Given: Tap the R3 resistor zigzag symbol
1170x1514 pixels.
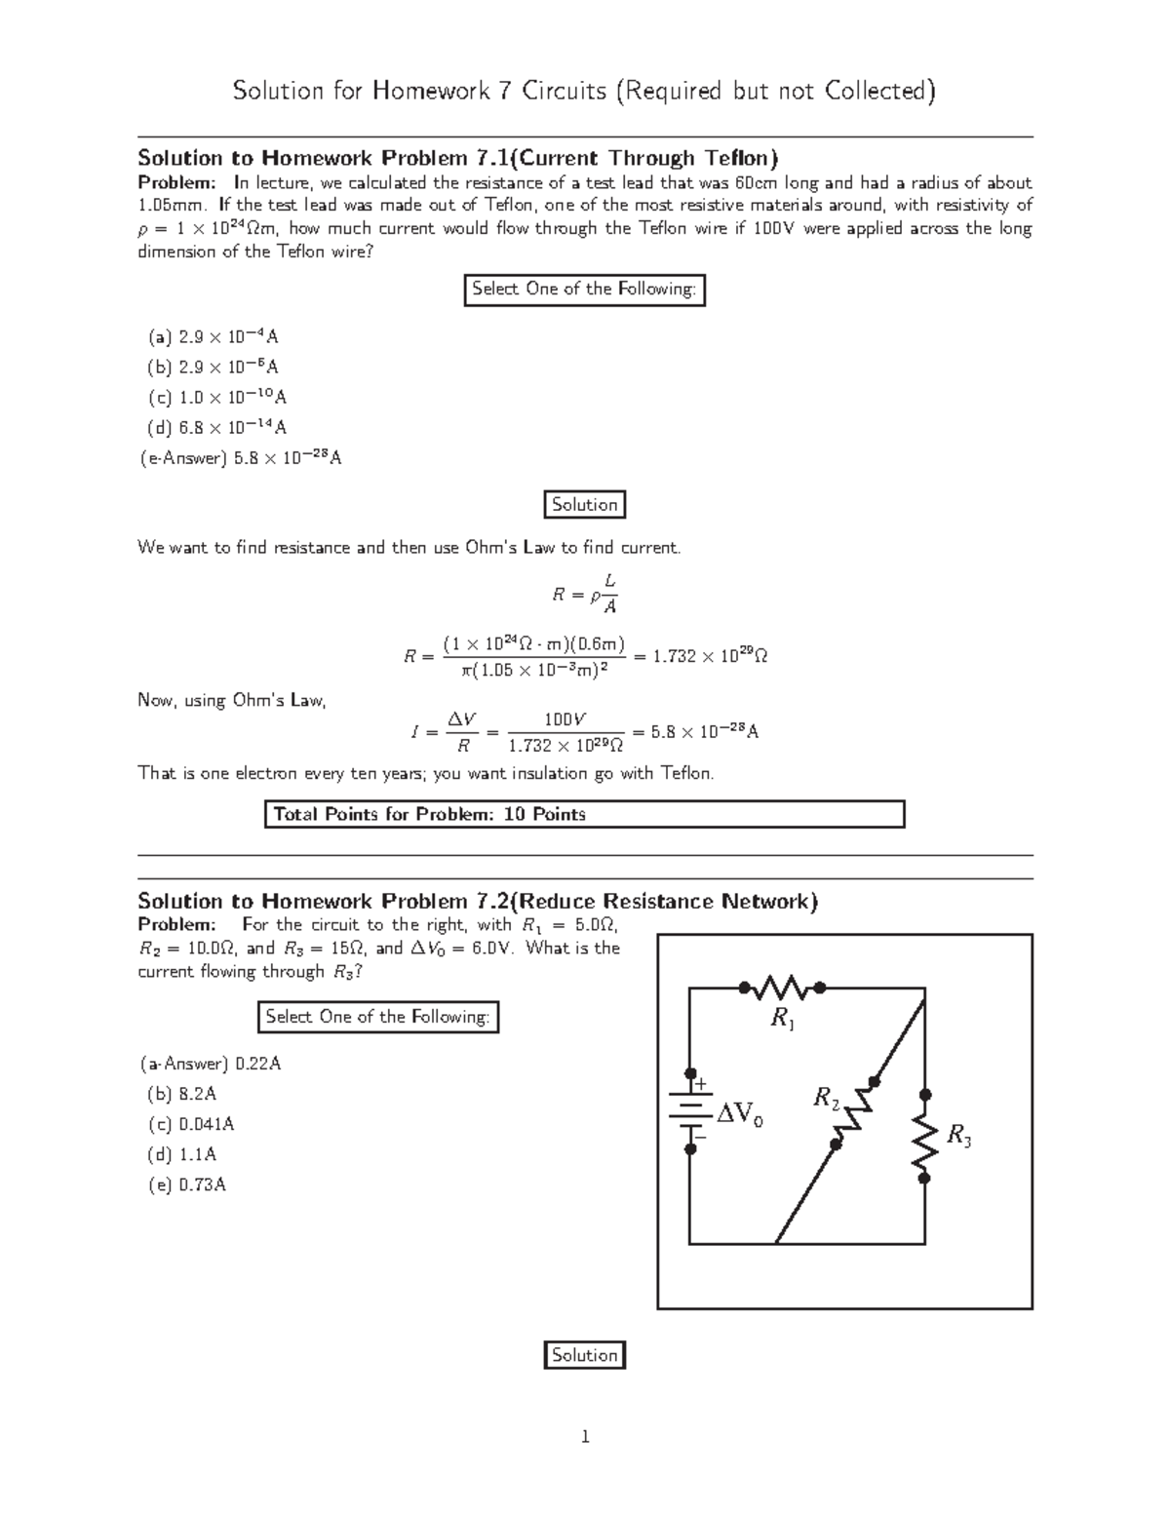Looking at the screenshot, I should coord(924,1136).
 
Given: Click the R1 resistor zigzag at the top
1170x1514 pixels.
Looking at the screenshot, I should coord(782,988).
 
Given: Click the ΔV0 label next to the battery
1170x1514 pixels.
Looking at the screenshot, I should coord(740,1114).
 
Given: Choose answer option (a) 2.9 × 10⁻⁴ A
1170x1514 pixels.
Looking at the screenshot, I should coord(213,337).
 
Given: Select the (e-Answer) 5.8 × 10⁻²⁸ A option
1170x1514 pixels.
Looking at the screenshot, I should coord(240,458).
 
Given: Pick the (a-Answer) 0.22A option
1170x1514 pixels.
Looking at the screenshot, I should coord(210,1064).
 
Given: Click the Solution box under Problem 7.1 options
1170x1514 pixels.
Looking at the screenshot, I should coord(584,505).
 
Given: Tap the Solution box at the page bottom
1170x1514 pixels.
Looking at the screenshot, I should coord(584,1355).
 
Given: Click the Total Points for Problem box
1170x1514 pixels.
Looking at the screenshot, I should coord(584,814).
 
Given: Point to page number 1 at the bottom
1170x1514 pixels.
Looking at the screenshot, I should coord(585,1436).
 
